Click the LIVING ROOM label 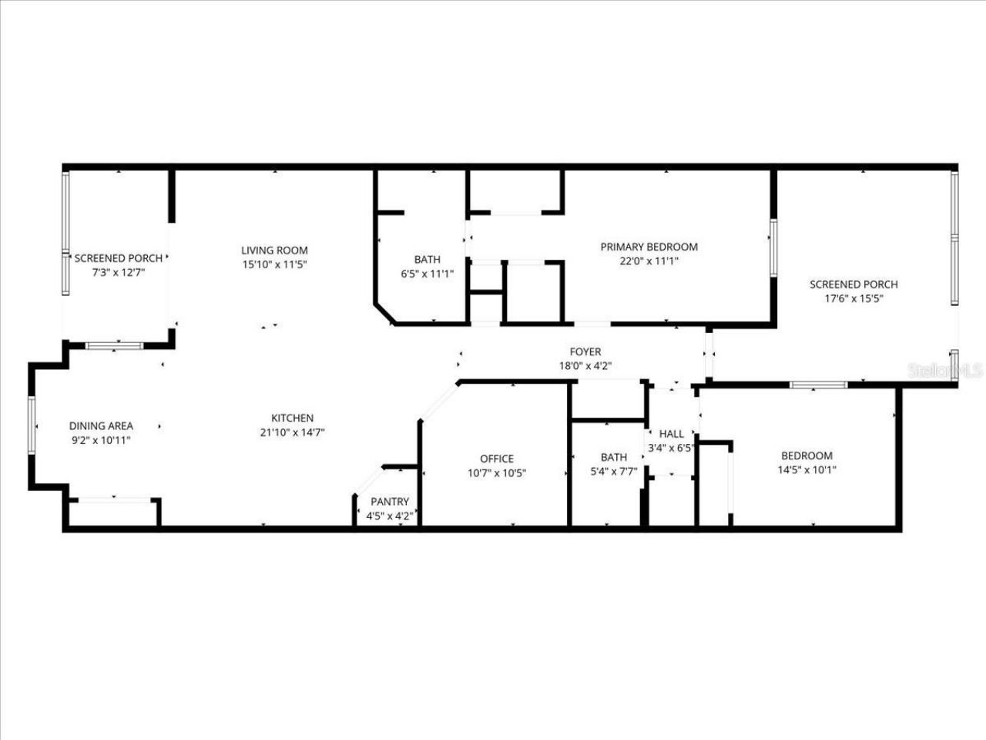pyautogui.click(x=274, y=250)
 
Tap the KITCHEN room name pyautogui.click(x=292, y=418)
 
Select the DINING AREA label pyautogui.click(x=101, y=425)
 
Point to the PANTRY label pyautogui.click(x=390, y=502)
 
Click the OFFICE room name pyautogui.click(x=497, y=459)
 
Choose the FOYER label pyautogui.click(x=585, y=351)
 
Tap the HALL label pyautogui.click(x=671, y=434)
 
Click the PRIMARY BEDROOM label pyautogui.click(x=649, y=247)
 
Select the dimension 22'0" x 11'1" pyautogui.click(x=649, y=261)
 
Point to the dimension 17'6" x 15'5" pyautogui.click(x=854, y=298)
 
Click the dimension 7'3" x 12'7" pyautogui.click(x=119, y=272)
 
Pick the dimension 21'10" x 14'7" pyautogui.click(x=292, y=432)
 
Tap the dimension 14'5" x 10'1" pyautogui.click(x=807, y=469)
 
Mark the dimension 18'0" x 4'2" pyautogui.click(x=585, y=366)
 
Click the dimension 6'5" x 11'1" pyautogui.click(x=428, y=273)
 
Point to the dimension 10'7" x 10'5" pyautogui.click(x=497, y=473)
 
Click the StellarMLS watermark pyautogui.click(x=945, y=370)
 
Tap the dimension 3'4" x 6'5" pyautogui.click(x=671, y=448)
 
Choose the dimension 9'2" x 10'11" pyautogui.click(x=101, y=440)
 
